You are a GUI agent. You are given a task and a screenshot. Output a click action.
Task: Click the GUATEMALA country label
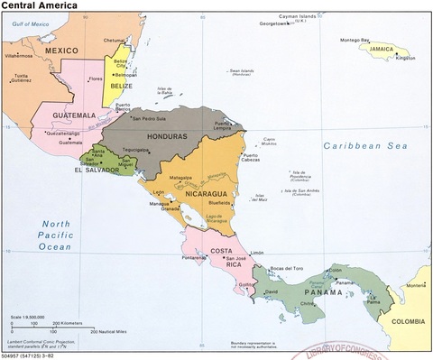[x=75, y=115]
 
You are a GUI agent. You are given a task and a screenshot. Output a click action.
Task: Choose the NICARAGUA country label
[x=205, y=192]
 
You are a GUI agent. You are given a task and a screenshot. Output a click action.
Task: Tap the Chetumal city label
[x=114, y=40]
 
